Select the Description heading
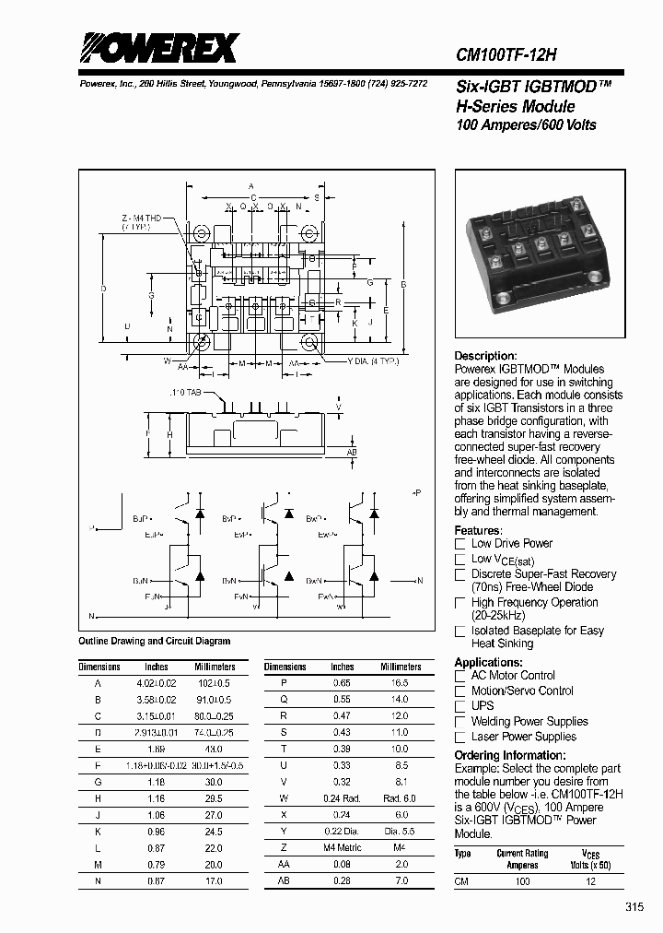(486, 356)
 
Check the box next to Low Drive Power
(460, 544)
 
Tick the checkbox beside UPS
(460, 706)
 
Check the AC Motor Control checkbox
(460, 676)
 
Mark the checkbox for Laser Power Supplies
(460, 738)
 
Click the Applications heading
(489, 662)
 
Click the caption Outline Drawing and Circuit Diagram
(155, 641)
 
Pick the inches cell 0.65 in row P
(342, 684)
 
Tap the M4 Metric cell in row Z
(342, 863)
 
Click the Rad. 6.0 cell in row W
(399, 797)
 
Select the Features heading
(479, 530)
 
